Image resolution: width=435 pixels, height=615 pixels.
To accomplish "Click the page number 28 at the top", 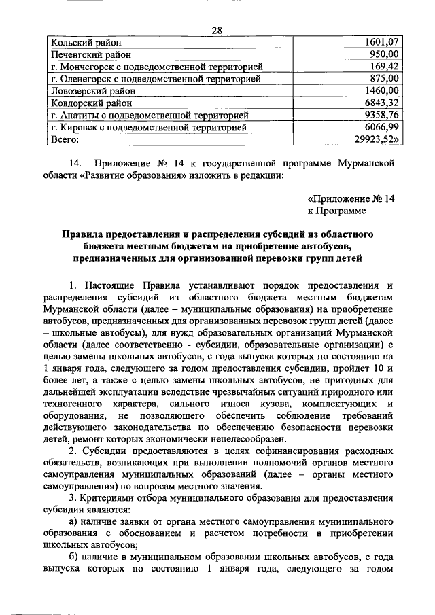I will tap(217, 30).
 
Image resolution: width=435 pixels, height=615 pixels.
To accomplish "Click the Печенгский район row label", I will tap(88, 54).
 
